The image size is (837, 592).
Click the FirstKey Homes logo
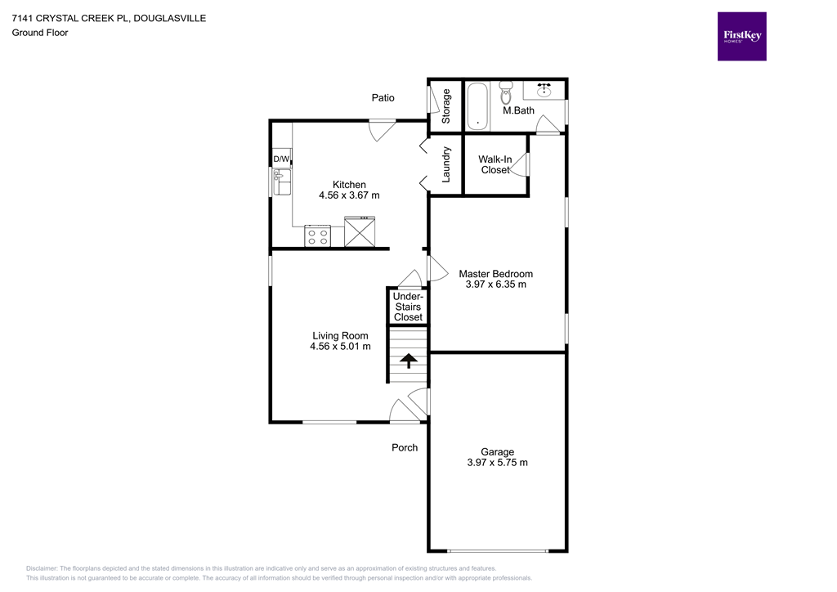(741, 36)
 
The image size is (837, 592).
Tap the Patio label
(383, 98)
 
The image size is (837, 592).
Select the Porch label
(405, 447)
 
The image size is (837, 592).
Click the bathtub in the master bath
(477, 106)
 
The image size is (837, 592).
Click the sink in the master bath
(544, 88)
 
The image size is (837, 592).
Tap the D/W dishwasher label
(281, 159)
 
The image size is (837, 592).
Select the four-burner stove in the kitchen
(317, 236)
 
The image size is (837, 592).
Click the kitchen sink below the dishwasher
(282, 182)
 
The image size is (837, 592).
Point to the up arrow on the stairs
(406, 360)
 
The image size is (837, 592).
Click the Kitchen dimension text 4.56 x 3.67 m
(349, 196)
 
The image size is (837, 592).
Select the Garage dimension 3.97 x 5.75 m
(497, 463)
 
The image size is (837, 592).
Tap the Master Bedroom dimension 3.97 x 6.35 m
(495, 285)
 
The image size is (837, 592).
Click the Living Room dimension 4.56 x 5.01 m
(340, 347)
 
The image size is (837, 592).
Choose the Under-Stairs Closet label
(408, 307)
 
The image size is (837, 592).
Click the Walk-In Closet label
(495, 164)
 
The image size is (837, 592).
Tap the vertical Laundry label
(446, 164)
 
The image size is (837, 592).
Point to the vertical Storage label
(446, 105)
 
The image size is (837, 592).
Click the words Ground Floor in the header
(39, 33)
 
